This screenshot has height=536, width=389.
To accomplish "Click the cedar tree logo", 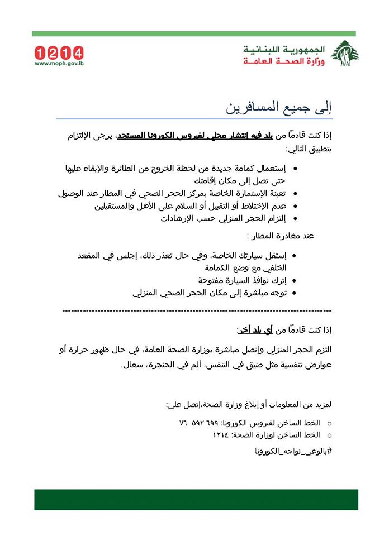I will tap(344, 54).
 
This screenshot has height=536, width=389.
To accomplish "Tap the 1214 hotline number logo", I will tap(59, 53).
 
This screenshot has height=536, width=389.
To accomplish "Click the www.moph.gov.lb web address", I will tap(59, 64).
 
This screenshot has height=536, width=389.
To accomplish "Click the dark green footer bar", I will tap(196, 500).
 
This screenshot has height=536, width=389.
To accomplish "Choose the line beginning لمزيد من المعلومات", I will tap(246, 404).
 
